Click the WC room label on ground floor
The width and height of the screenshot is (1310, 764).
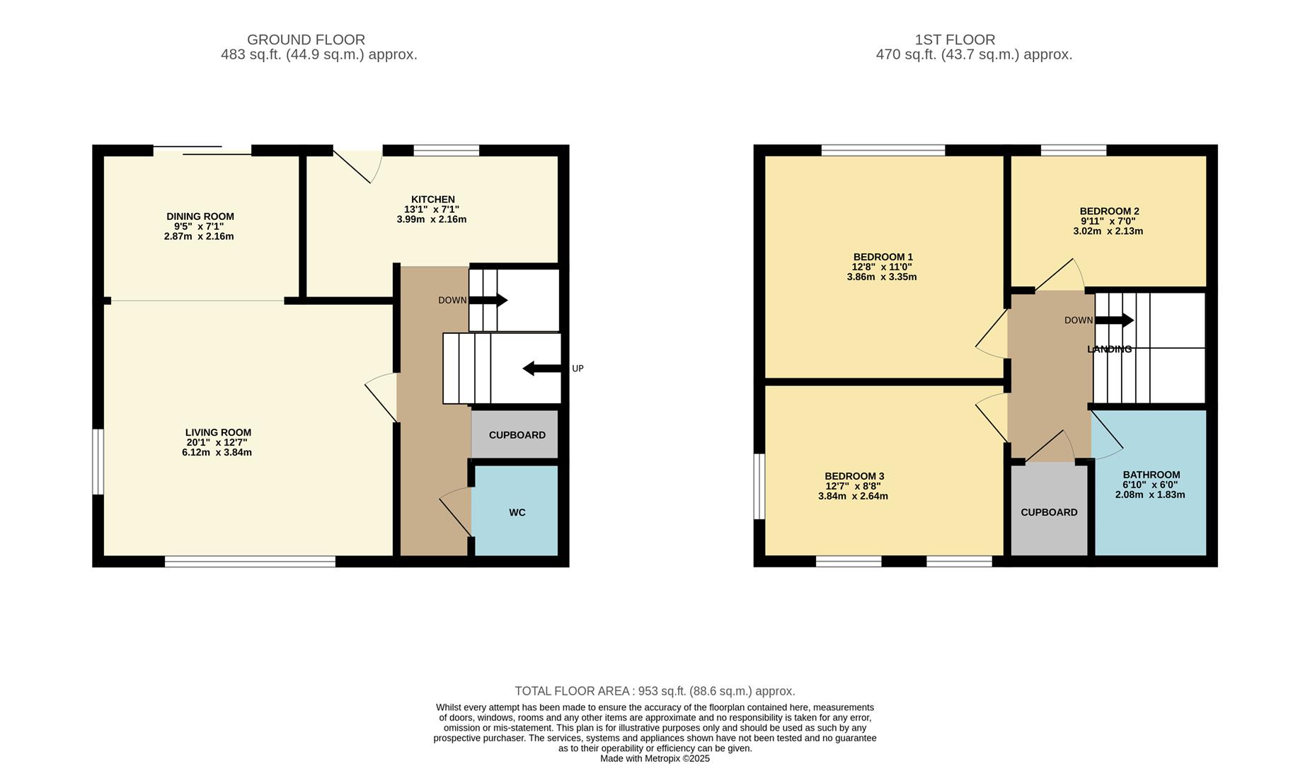coord(517,512)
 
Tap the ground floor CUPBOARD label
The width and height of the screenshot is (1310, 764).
coord(517,435)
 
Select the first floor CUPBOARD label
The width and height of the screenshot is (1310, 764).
coord(1049,512)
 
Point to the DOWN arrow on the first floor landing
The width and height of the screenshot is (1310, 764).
coord(1114,320)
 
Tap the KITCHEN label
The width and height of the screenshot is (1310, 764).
coord(433,199)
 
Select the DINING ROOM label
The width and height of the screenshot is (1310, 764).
coord(200,216)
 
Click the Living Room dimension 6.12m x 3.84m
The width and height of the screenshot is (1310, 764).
coord(217,453)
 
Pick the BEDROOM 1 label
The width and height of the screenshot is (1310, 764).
coord(883,257)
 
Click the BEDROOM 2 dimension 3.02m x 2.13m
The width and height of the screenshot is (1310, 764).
coord(1108,231)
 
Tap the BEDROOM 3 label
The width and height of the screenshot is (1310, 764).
coord(854,476)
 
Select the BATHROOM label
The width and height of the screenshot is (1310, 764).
coord(1151,475)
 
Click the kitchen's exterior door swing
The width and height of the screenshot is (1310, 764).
coord(361,166)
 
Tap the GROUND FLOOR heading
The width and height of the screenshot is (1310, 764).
coord(306,40)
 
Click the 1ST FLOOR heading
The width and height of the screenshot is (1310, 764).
coord(954,40)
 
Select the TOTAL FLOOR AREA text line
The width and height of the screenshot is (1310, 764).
coord(655,691)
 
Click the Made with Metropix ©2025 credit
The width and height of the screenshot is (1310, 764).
coord(655,758)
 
